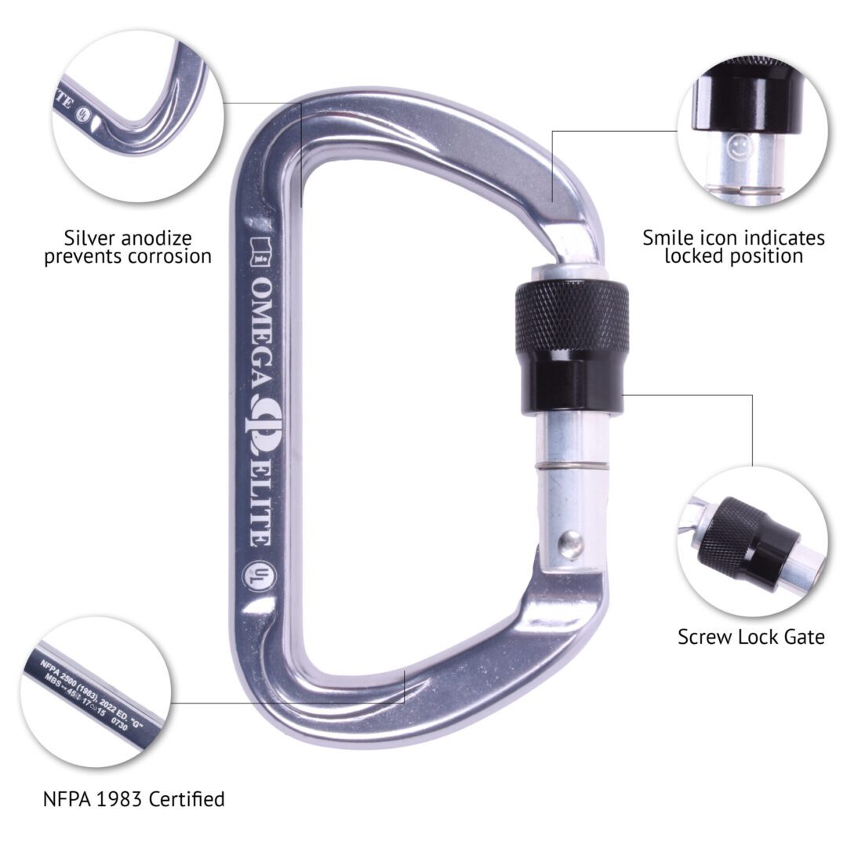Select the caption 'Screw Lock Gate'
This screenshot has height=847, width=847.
coord(751,637)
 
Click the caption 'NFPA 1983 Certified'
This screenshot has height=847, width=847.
coord(133,799)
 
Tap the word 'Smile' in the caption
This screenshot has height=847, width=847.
coord(671,238)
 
